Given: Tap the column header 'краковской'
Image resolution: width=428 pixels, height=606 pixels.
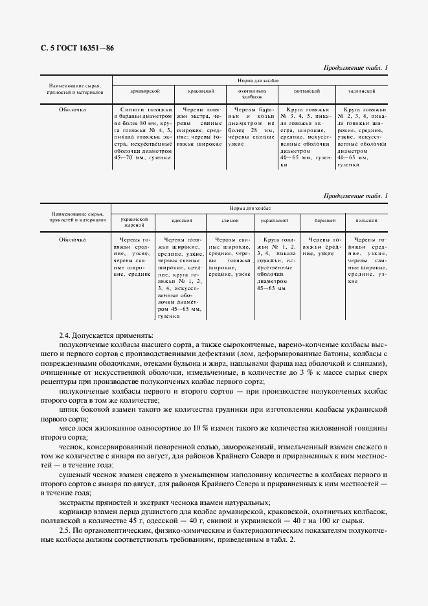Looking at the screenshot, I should point(196,92).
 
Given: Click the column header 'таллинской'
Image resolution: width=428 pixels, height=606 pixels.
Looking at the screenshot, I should point(361,92).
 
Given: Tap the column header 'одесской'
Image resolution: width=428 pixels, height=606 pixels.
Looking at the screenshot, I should point(181,220).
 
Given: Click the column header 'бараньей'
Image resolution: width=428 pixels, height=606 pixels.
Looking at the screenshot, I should point(322,220).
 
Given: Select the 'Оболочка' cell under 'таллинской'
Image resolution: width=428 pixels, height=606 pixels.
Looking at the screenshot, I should point(361,137).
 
